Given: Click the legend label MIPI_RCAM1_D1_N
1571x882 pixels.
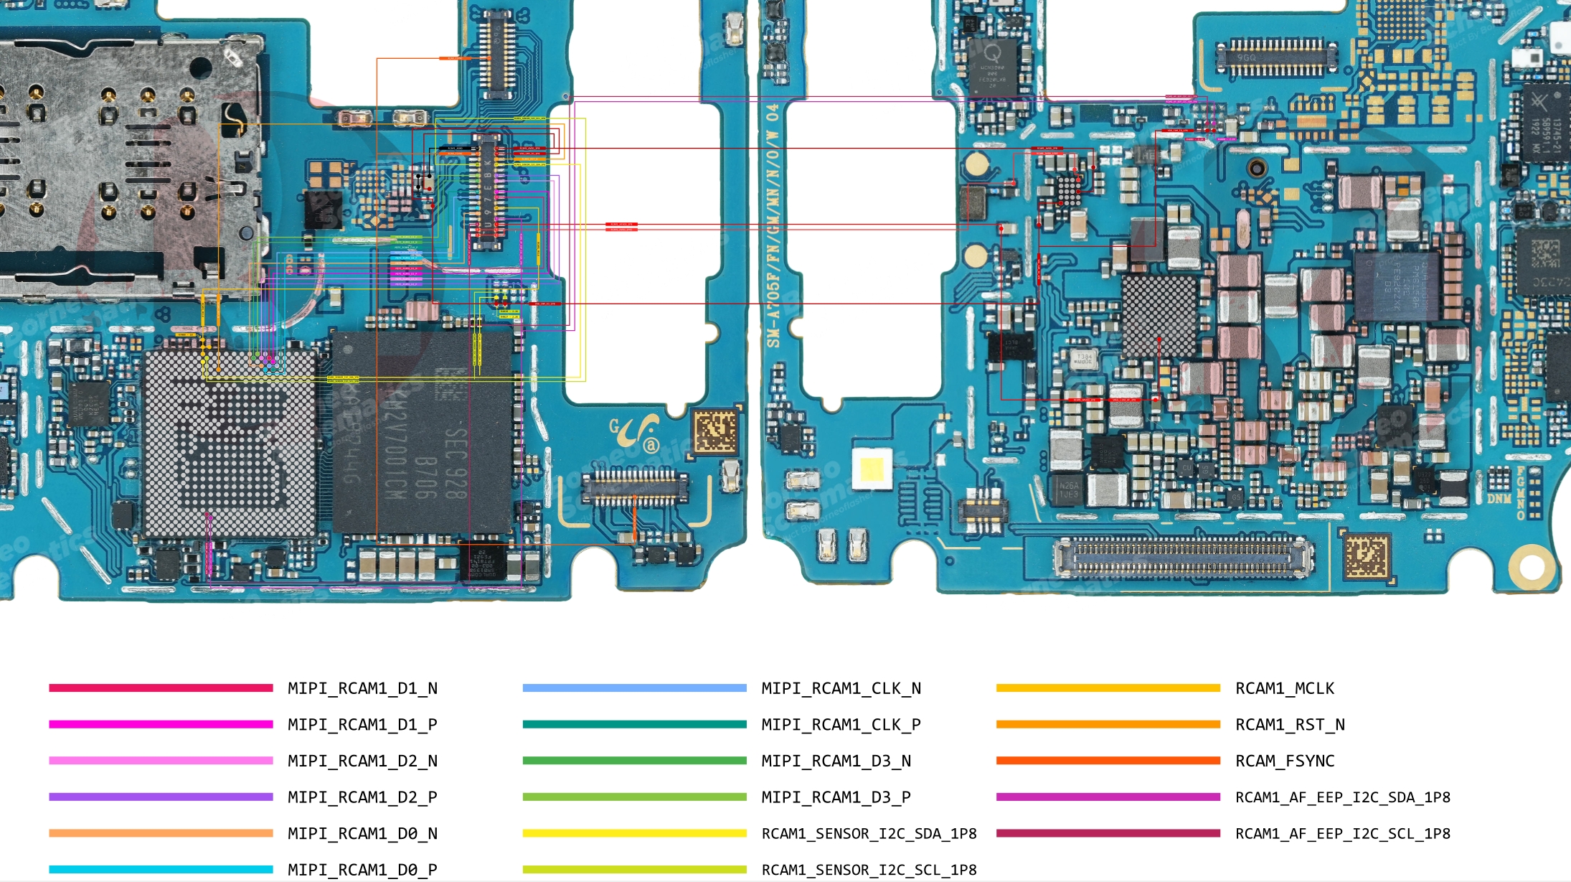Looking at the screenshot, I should pyautogui.click(x=362, y=688).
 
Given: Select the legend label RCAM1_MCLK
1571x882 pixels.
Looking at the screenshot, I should pyautogui.click(x=1284, y=688).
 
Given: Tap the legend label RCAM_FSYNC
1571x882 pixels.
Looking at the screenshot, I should pyautogui.click(x=1284, y=761).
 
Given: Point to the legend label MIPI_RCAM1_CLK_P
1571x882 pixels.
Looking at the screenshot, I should pyautogui.click(x=841, y=725).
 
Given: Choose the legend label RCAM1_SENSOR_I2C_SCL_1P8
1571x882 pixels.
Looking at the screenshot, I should pyautogui.click(x=869, y=870).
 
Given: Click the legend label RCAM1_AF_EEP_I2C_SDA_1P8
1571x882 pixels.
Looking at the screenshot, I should pyautogui.click(x=1342, y=797).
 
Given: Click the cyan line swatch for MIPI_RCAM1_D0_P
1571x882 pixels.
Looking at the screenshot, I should pyautogui.click(x=161, y=870).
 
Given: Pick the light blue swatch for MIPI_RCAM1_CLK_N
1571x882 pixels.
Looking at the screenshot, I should pyautogui.click(x=634, y=688).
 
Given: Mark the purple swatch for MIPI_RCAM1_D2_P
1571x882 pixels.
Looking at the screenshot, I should pyautogui.click(x=161, y=797).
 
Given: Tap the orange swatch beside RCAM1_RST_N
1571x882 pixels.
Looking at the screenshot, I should pyautogui.click(x=1108, y=725).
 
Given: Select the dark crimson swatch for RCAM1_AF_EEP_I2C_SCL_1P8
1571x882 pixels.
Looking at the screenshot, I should pyautogui.click(x=1108, y=833).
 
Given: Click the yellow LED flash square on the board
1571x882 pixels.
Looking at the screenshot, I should pyautogui.click(x=872, y=469).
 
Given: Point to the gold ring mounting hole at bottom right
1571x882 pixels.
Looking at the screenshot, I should pyautogui.click(x=1531, y=566).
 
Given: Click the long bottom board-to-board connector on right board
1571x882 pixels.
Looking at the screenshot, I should pyautogui.click(x=1183, y=558).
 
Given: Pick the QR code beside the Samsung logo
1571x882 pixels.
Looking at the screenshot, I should pyautogui.click(x=716, y=431).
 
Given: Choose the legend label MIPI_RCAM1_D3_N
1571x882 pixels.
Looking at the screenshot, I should pyautogui.click(x=836, y=761).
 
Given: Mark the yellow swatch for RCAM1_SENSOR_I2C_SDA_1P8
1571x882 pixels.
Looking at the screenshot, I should pyautogui.click(x=634, y=833).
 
